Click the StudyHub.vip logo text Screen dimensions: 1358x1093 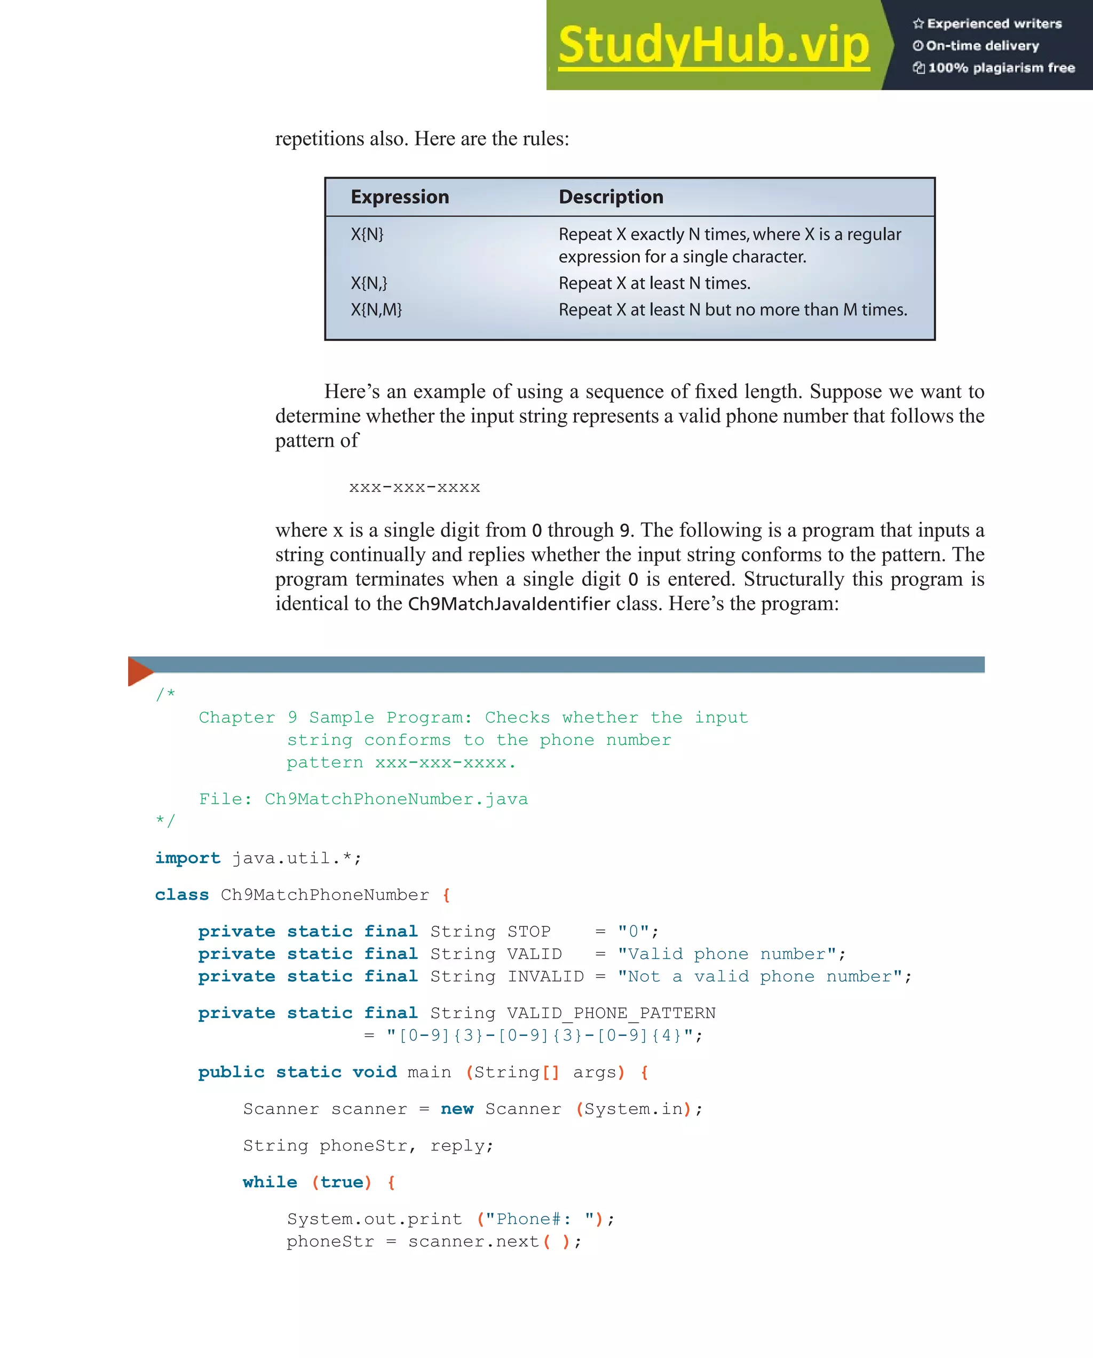713,45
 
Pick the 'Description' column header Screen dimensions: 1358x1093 611,197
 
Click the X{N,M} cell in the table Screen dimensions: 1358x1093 376,310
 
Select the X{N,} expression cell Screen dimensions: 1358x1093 369,283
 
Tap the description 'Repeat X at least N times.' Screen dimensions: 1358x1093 654,283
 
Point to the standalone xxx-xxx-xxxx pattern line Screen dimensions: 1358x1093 415,487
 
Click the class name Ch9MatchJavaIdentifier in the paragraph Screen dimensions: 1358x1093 509,604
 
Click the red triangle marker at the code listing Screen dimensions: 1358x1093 139,671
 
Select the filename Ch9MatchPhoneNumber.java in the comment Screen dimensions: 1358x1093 395,799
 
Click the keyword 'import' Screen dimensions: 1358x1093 187,858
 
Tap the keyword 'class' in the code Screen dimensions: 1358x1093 181,894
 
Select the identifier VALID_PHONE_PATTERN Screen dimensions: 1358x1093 611,1013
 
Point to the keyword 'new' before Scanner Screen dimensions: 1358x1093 457,1109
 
